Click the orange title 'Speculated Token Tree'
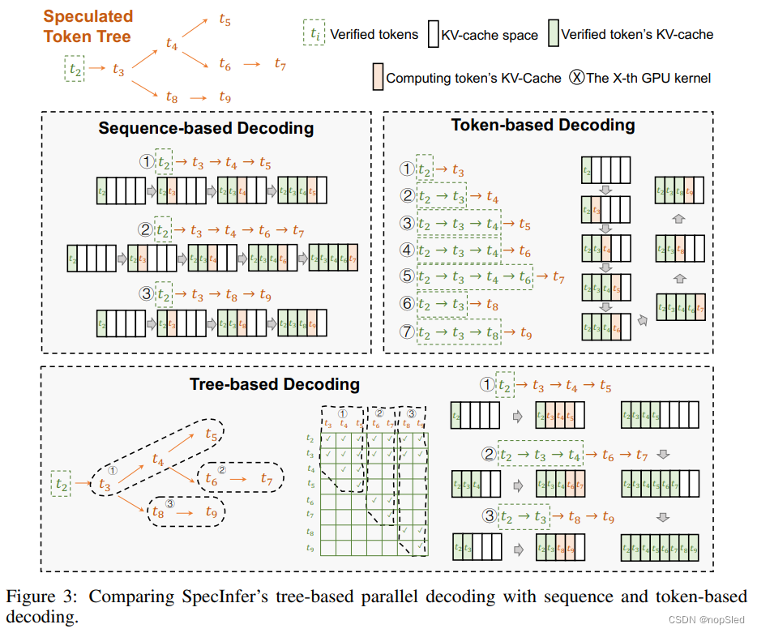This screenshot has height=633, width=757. click(87, 25)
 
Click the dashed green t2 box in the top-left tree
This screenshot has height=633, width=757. click(75, 69)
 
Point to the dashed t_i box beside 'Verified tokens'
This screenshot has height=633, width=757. click(313, 34)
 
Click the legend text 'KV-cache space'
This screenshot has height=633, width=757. click(489, 35)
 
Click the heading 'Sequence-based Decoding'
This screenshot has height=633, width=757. click(206, 128)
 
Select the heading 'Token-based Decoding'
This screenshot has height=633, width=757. click(543, 125)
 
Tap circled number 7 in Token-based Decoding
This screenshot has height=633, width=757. click(407, 331)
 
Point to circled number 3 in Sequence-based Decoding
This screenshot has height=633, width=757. click(146, 293)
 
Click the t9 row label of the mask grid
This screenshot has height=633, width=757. click(311, 549)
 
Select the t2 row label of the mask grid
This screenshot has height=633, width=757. click(311, 438)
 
